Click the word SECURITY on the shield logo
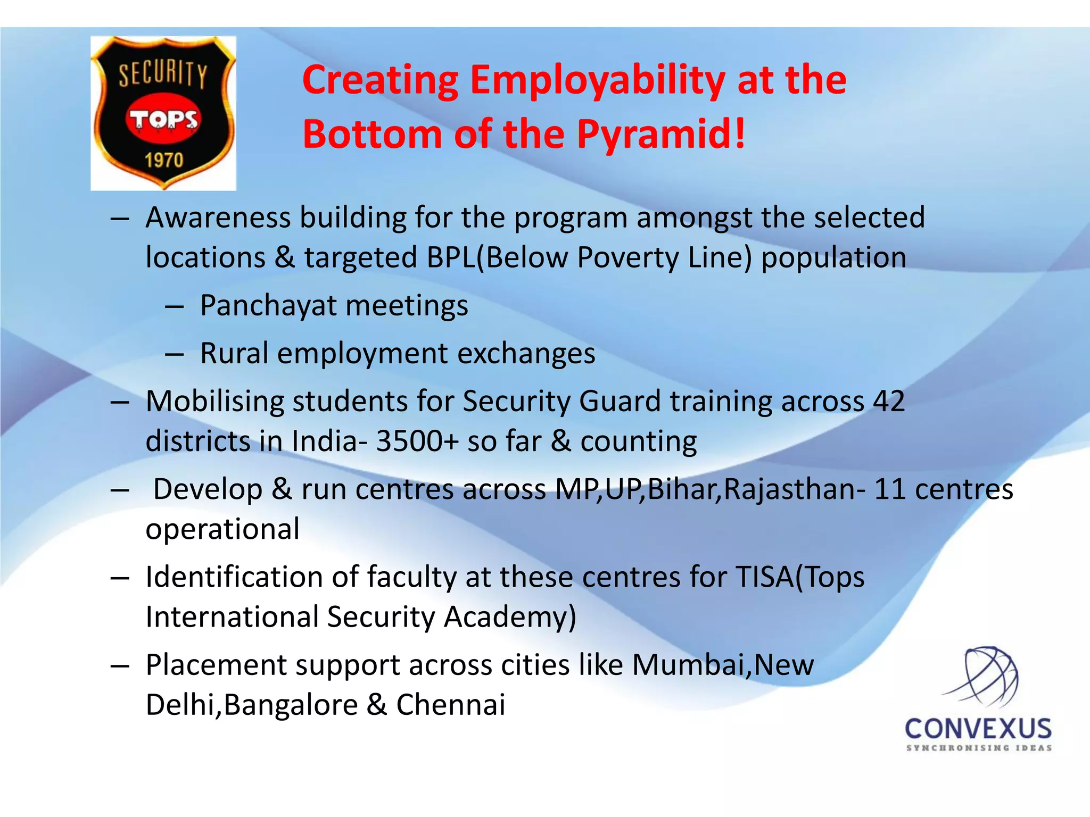(162, 73)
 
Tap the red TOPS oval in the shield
(163, 119)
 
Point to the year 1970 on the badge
(164, 160)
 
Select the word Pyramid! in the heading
(662, 134)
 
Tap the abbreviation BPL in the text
(450, 257)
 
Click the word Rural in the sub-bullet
(234, 353)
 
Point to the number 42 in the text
(889, 401)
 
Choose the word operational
(222, 529)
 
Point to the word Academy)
(510, 617)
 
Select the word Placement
(217, 665)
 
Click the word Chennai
(450, 705)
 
